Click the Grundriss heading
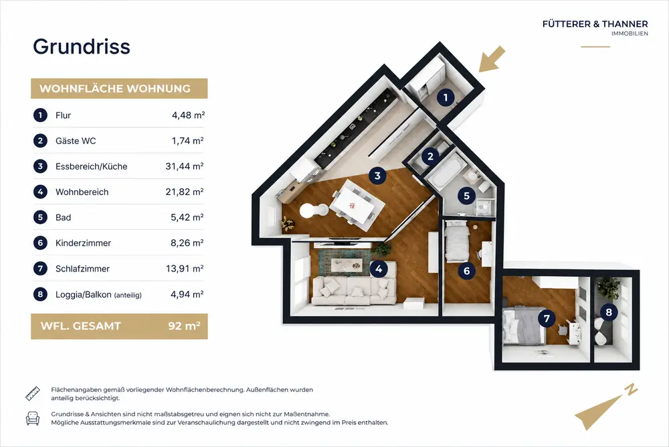[82, 47]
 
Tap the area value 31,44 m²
[185, 166]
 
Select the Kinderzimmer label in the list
[83, 243]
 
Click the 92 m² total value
[185, 326]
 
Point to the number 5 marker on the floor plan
[466, 196]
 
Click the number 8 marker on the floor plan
[609, 312]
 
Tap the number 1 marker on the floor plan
[446, 98]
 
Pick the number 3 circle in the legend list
[41, 166]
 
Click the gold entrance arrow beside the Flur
[492, 60]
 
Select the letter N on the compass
[631, 389]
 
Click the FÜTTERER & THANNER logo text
[595, 24]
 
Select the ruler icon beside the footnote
[32, 393]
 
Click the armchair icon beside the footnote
[32, 418]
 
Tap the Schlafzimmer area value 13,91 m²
[185, 269]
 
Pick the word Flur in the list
[63, 115]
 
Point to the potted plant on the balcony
[608, 288]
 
